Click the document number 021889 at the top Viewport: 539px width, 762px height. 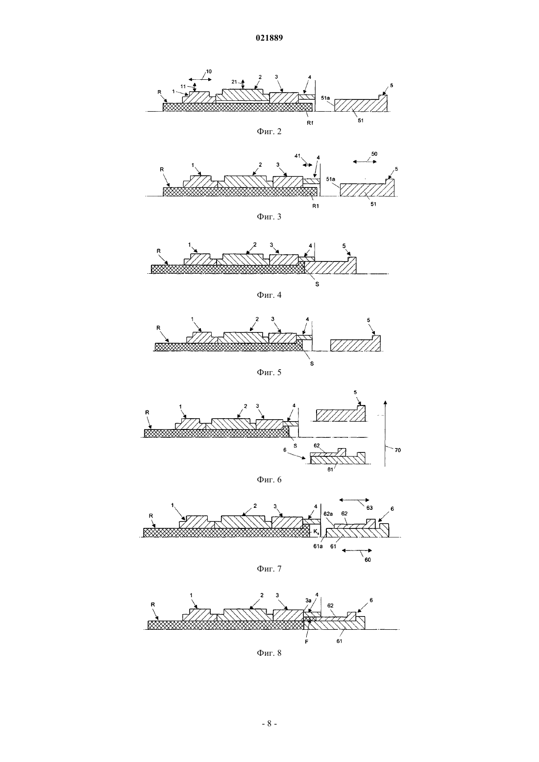(269, 38)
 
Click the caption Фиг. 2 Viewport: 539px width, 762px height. (269, 132)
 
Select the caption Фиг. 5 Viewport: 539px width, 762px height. (269, 373)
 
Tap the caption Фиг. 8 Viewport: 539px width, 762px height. (269, 653)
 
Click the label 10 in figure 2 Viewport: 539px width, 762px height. (209, 71)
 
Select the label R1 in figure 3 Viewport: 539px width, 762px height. (316, 206)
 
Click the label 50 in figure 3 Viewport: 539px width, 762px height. (374, 154)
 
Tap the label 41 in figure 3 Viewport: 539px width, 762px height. (297, 156)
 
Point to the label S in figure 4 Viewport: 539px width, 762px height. (317, 284)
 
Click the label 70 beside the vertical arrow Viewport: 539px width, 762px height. (397, 450)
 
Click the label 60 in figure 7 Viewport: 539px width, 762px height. (367, 560)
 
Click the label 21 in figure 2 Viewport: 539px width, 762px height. (234, 82)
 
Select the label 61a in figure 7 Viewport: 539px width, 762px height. (318, 546)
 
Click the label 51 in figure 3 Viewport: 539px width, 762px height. (373, 204)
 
